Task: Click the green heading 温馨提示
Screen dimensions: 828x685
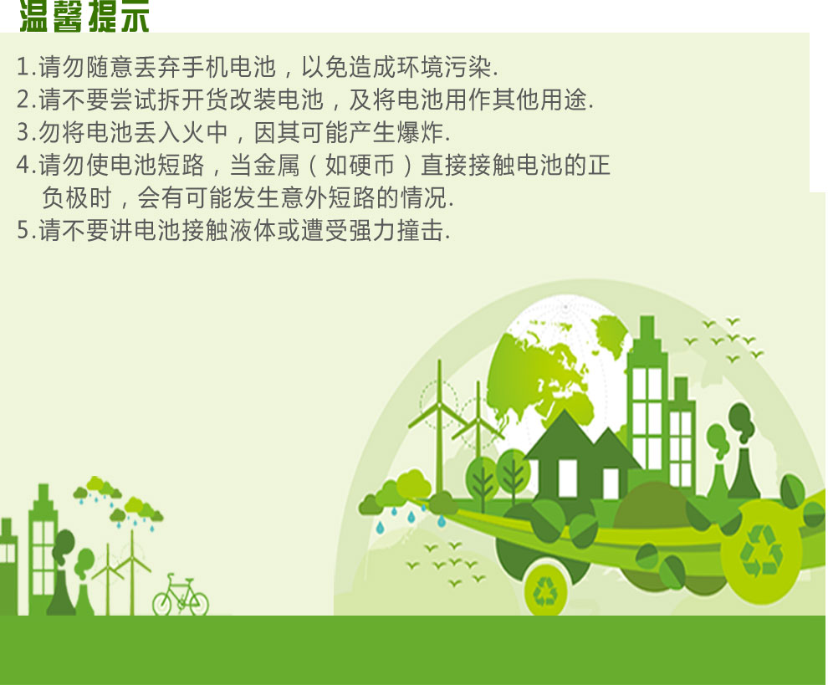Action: (84, 16)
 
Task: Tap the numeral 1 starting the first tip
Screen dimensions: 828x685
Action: (23, 67)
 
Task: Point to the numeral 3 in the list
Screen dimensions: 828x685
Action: (23, 132)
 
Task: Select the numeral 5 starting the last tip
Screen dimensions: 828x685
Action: (23, 230)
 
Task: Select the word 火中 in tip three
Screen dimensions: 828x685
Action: (204, 132)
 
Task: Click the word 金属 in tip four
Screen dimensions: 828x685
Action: (276, 165)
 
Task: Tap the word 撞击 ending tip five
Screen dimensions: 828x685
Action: (420, 230)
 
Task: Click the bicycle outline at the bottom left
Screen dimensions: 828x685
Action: (181, 595)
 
